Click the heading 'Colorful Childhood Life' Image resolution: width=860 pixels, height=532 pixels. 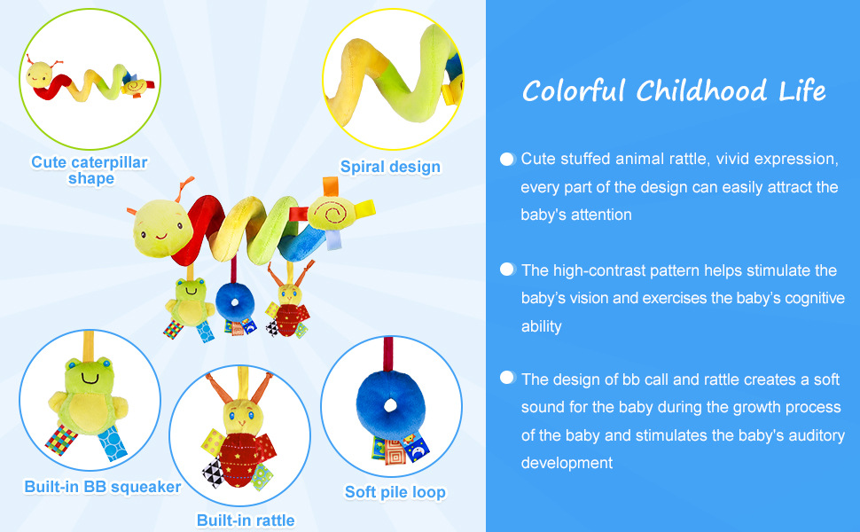pos(674,91)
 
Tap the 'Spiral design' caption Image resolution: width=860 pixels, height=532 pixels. pos(390,167)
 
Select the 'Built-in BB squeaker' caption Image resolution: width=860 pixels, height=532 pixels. pos(103,487)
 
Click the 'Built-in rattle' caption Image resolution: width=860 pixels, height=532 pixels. pos(246,520)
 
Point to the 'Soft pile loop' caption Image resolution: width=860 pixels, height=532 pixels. pos(395,492)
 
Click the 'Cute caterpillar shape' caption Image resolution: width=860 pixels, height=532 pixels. pos(90,170)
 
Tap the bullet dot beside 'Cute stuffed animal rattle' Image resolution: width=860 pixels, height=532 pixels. pos(507,159)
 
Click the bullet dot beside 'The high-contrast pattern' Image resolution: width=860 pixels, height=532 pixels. pos(507,270)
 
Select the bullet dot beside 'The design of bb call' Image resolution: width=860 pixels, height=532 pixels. pos(507,378)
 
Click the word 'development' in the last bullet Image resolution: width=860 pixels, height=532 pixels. pos(567,463)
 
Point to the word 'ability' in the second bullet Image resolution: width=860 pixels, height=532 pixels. pos(542,326)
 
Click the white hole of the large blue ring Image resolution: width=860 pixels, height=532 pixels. pos(390,406)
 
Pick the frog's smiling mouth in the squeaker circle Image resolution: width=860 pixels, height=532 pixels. pos(90,379)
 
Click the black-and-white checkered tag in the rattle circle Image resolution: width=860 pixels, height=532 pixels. pos(214,473)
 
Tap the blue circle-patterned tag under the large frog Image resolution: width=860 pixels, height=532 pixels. pos(113,443)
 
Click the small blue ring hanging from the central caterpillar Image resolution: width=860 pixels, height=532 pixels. pos(235,302)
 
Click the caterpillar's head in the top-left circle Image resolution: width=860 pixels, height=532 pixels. pos(40,74)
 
